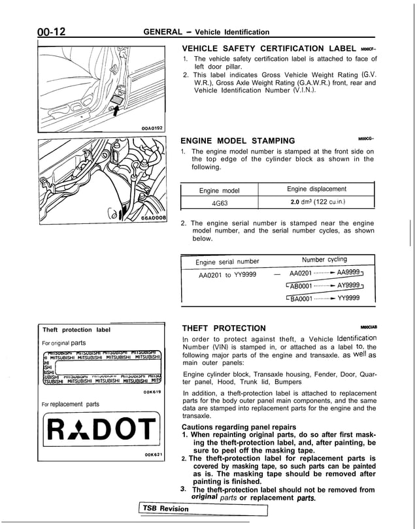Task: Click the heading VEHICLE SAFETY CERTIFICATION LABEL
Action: coord(267,49)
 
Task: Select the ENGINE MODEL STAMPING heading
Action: coord(237,140)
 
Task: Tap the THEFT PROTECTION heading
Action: coord(224,328)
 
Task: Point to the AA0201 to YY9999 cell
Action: coord(227,274)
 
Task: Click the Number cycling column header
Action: coord(325,259)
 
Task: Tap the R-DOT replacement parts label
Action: coord(100,428)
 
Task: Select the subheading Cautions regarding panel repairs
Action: coord(239,427)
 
